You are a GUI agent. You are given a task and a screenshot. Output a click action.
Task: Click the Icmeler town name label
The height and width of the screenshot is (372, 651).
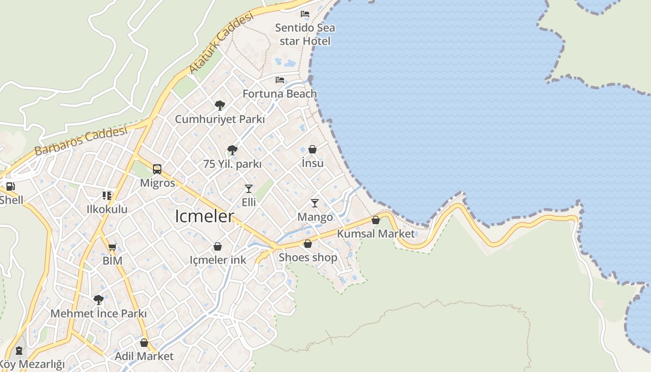(204, 216)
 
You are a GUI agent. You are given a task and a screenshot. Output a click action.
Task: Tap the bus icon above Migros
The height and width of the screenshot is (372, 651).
(157, 169)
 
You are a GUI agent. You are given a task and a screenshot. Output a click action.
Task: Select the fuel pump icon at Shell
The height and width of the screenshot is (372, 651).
(10, 187)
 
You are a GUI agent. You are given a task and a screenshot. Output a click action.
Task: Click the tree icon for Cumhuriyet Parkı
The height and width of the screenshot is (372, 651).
(220, 106)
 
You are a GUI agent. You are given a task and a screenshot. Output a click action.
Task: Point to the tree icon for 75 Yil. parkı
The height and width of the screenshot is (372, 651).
(232, 150)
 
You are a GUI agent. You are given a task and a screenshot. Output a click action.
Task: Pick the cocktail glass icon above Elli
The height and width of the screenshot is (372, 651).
(249, 189)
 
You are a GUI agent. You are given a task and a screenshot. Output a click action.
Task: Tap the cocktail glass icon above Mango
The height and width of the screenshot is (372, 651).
(315, 203)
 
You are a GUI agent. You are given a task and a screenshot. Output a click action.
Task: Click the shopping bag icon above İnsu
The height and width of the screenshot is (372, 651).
(312, 149)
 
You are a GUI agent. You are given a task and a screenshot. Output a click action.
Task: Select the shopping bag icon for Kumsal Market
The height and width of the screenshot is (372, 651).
(375, 220)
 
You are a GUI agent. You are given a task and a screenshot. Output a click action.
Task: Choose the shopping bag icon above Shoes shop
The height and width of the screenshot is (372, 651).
(307, 244)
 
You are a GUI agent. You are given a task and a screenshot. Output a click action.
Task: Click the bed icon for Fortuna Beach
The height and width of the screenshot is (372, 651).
(279, 80)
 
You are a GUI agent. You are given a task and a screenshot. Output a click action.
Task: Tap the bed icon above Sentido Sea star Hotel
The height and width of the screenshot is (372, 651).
(305, 14)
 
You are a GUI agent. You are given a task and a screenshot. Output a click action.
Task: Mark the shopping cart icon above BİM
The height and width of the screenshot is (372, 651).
(112, 247)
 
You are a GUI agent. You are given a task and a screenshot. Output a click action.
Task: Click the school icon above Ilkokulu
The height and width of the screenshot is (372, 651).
(107, 196)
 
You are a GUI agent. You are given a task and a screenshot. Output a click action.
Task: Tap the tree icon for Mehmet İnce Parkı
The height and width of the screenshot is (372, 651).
(98, 299)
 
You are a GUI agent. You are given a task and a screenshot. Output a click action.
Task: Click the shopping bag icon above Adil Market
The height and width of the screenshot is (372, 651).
(144, 343)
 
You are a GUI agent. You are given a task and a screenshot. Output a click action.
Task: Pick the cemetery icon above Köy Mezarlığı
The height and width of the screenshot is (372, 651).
(19, 350)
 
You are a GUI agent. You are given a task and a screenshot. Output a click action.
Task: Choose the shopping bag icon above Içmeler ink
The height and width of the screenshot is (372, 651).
(218, 246)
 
